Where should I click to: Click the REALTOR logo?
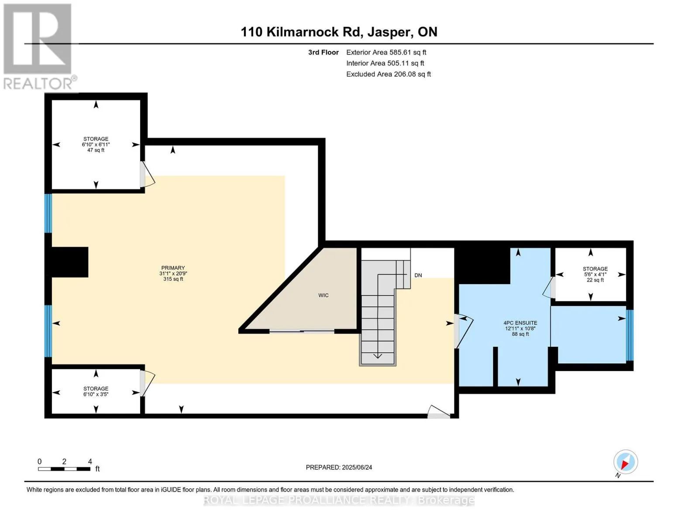tap(39, 47)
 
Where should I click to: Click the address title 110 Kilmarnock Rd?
tap(301, 32)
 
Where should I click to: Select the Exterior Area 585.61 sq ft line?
tap(386, 52)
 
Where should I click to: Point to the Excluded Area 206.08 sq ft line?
tap(389, 74)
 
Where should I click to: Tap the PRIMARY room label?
tap(173, 273)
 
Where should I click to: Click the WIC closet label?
tap(323, 295)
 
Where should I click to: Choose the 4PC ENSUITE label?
tap(520, 328)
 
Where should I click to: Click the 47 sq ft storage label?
tap(96, 145)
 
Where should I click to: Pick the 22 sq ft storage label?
tap(595, 274)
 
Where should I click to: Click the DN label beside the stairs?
tap(418, 275)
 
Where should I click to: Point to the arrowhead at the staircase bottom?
tap(378, 356)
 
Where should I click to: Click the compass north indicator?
tap(625, 464)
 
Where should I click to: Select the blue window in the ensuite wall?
tap(630, 335)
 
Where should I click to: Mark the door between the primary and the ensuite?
tap(463, 331)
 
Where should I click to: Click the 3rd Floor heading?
tap(323, 52)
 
